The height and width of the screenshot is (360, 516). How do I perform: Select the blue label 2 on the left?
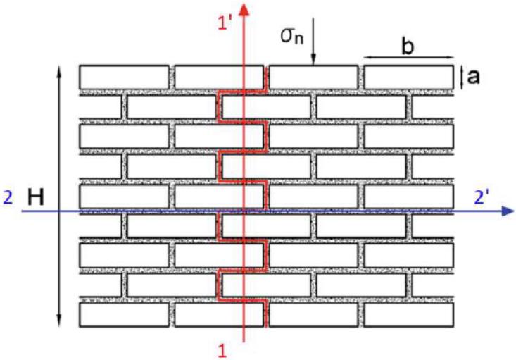(7, 199)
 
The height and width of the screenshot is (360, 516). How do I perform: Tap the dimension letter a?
(473, 76)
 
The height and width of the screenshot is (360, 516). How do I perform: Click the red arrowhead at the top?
(244, 8)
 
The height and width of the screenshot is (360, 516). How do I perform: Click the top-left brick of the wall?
(124, 77)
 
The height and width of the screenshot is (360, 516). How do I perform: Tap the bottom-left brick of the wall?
(124, 315)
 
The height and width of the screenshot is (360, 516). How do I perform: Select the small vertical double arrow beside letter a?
(461, 77)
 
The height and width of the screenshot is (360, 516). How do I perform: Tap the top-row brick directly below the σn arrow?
(313, 77)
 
